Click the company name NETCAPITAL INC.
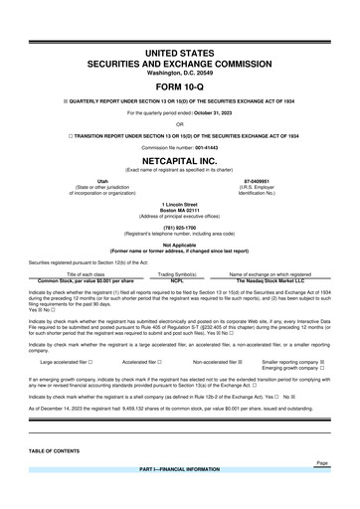(x=180, y=159)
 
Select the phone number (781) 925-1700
(x=180, y=226)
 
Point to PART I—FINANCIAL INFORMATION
(x=180, y=468)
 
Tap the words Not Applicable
(x=180, y=244)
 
